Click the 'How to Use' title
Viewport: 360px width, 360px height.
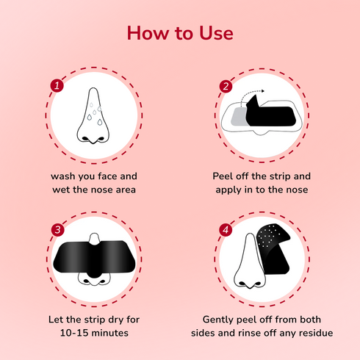click(x=180, y=34)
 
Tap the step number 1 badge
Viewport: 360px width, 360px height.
click(x=56, y=86)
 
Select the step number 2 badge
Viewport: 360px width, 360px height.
click(x=226, y=86)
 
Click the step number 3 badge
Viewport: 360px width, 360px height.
click(x=56, y=230)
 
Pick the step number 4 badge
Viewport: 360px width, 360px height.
click(x=226, y=230)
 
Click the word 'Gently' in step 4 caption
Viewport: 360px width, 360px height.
click(x=223, y=320)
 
